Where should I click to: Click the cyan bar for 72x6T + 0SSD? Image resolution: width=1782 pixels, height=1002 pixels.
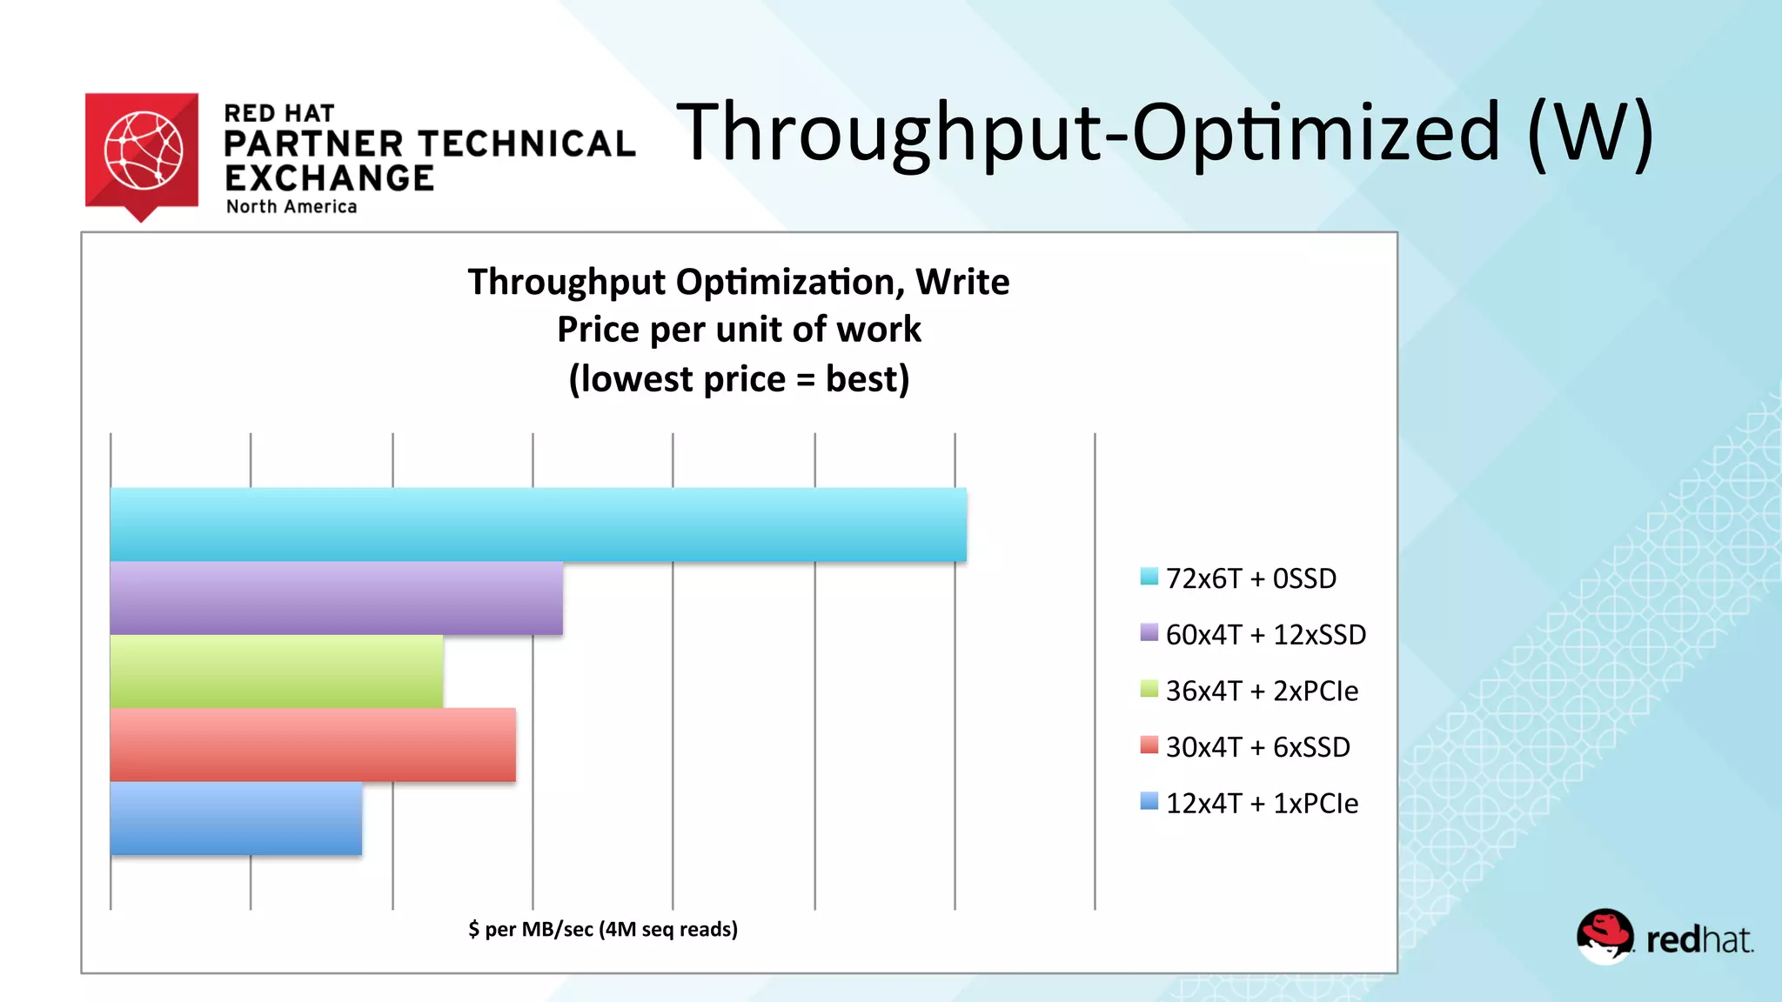coord(538,524)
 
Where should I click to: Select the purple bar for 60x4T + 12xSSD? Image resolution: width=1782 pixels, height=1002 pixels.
coord(336,598)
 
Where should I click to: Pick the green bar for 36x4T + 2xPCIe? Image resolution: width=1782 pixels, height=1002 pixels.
coord(276,671)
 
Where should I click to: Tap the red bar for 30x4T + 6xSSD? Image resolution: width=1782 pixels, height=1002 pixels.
coord(312,745)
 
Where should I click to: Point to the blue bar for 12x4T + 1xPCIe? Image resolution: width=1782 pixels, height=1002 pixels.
coord(236,818)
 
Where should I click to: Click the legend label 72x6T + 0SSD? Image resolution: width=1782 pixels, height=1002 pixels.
coord(1250,578)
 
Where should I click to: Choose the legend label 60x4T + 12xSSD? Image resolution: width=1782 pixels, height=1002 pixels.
coord(1265,635)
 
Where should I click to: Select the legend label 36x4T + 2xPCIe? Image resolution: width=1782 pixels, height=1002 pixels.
coord(1262,691)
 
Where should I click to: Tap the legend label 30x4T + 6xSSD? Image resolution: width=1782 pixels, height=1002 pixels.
coord(1257,747)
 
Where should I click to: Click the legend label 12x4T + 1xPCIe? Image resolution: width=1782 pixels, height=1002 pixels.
coord(1262,803)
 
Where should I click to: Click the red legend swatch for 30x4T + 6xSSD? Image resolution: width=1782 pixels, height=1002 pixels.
coord(1149,745)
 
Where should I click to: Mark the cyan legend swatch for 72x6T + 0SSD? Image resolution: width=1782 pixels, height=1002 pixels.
coord(1149,577)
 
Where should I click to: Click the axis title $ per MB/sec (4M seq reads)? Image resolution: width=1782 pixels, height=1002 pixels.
coord(602,929)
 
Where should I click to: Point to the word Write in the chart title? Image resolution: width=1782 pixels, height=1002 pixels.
coord(962,282)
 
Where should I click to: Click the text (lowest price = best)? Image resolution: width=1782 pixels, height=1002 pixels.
coord(739,379)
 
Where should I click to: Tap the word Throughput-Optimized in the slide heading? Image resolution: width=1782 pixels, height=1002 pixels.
coord(1089,132)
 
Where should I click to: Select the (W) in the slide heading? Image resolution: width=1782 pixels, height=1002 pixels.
coord(1590,132)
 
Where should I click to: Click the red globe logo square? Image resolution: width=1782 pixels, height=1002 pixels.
coord(142,150)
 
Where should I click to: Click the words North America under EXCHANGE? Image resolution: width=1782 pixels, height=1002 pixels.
coord(291,207)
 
